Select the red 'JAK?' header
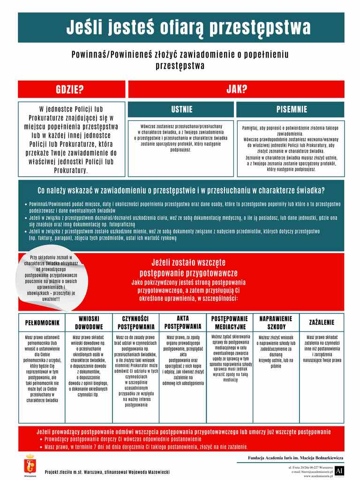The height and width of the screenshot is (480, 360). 236,90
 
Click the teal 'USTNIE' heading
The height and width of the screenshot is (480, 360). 181,110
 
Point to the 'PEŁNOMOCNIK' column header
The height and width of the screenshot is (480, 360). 42,323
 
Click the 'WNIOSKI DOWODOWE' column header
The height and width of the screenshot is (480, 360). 89,322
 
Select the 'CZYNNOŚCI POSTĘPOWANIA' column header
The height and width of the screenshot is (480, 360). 136,322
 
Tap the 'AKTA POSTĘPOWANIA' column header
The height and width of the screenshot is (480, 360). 183,322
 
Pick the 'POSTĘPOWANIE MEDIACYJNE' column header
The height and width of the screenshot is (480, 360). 229,322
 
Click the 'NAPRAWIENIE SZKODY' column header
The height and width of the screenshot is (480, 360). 276,322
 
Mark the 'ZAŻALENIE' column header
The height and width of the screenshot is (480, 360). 322,323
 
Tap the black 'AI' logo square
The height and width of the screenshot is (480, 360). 340,470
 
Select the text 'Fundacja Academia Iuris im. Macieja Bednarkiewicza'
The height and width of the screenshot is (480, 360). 295,457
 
